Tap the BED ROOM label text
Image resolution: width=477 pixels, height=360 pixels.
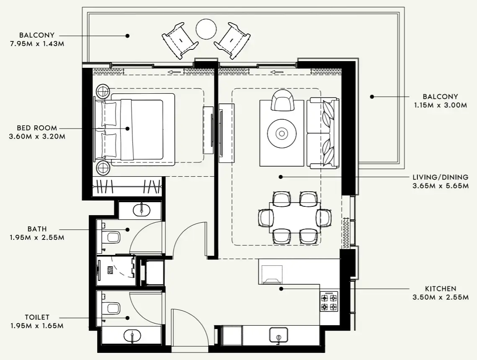pos(37,128)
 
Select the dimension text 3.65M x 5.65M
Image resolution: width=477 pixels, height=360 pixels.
pos(440,186)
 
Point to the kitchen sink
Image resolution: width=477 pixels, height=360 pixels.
pos(278,335)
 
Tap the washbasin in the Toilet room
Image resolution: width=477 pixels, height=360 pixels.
pos(132,336)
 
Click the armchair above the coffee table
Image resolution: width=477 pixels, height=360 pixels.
pos(283,100)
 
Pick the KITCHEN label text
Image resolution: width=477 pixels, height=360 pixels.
pos(441,289)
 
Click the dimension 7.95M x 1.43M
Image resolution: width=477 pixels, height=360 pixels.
pos(37,44)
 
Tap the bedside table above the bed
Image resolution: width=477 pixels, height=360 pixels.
pos(103,90)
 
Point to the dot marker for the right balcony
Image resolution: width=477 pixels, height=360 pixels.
pos(371,97)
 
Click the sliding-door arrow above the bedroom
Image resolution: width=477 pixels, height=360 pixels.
pos(175,72)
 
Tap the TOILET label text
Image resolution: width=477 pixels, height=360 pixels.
pos(37,317)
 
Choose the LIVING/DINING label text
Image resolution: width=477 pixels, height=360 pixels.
pos(440,177)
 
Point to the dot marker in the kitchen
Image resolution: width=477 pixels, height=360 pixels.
pos(281,288)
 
